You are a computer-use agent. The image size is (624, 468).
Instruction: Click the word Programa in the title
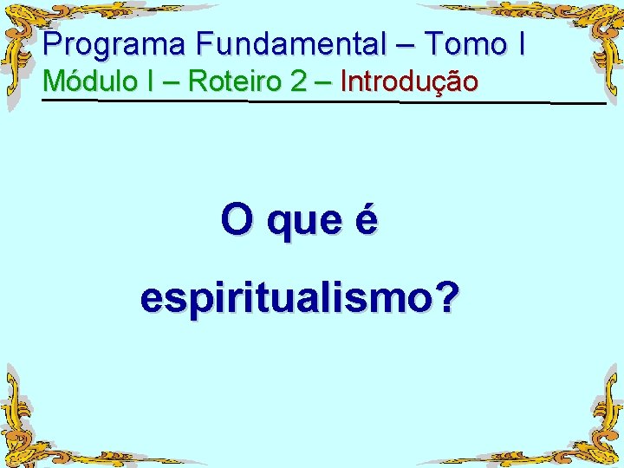(115, 43)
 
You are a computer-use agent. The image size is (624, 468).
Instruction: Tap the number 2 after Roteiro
(299, 81)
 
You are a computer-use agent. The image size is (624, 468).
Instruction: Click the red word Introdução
(409, 82)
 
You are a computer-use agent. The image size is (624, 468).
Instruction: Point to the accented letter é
(367, 219)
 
